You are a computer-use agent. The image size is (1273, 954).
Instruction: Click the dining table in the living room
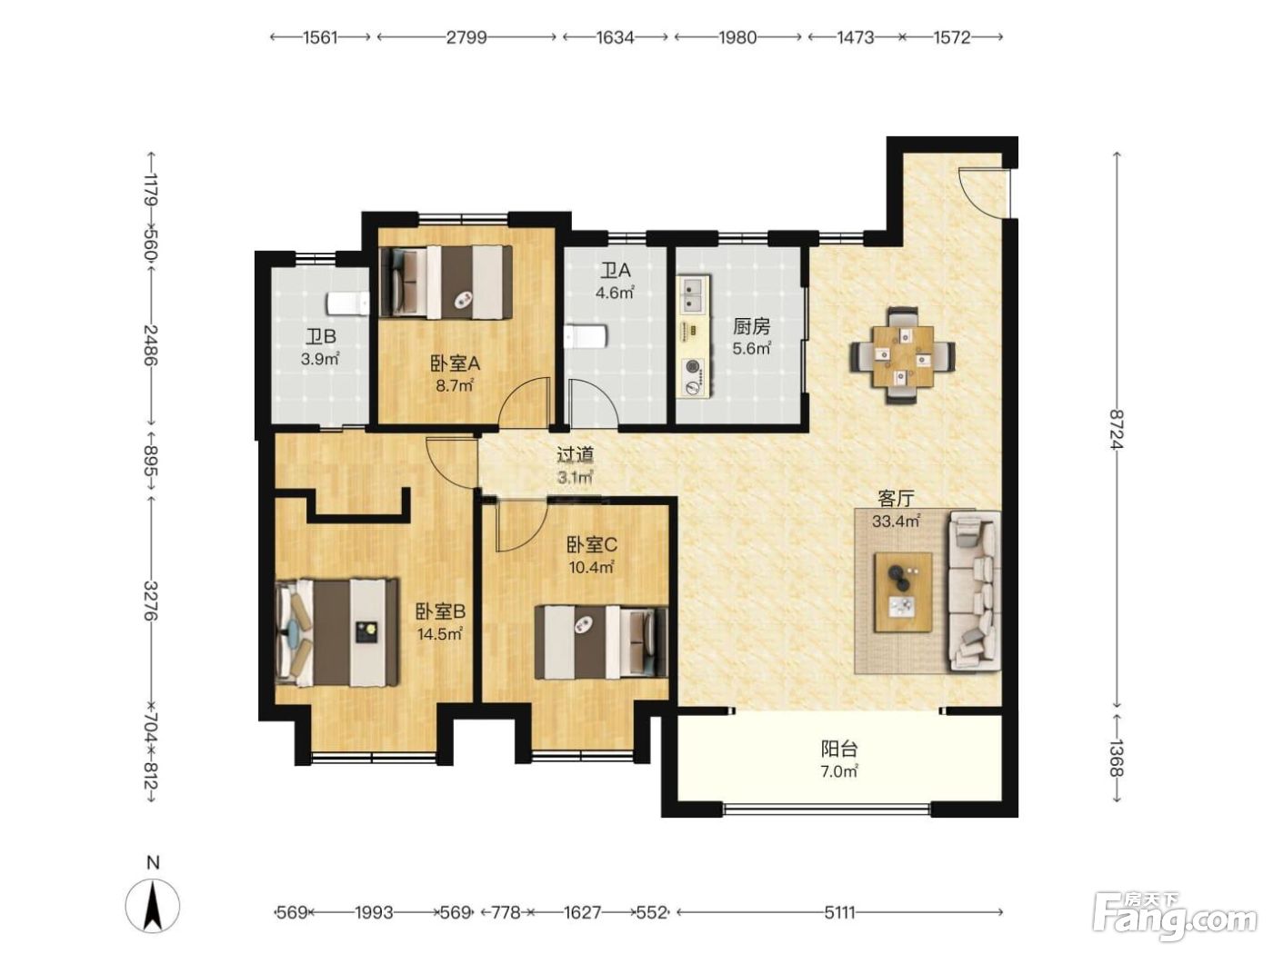[903, 355]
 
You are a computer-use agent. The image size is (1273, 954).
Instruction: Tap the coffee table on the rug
[903, 591]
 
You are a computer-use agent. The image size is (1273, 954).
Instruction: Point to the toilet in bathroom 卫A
[586, 336]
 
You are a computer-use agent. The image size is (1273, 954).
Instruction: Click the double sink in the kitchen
[694, 294]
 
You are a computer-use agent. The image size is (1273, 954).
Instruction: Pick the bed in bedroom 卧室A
[446, 282]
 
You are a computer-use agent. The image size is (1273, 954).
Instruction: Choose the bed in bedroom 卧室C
[601, 641]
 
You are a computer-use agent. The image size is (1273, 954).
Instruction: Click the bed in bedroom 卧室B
[337, 632]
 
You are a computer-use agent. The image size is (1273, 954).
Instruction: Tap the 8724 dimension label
[1117, 429]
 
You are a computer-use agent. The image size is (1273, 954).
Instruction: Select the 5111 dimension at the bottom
[839, 912]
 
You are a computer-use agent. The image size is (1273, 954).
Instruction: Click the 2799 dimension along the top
[466, 37]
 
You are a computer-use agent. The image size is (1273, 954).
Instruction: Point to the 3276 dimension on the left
[151, 601]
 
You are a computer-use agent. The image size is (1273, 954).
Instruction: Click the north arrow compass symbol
[153, 905]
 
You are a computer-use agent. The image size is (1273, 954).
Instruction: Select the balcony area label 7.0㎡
[839, 771]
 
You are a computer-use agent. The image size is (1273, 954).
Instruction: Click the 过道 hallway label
[576, 455]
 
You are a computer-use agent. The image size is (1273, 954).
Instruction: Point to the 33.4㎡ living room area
[896, 522]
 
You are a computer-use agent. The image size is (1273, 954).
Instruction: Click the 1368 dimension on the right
[1117, 759]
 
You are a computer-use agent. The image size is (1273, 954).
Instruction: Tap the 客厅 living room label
[896, 498]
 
